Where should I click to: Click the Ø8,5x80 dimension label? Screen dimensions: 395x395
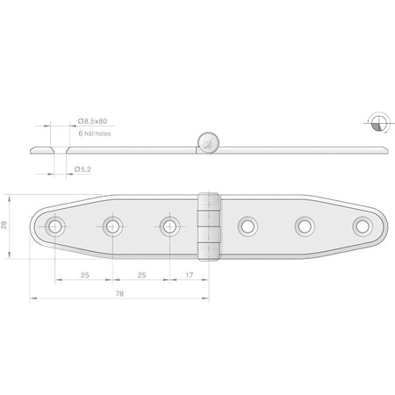92,121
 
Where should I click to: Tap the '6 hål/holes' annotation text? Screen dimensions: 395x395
95,133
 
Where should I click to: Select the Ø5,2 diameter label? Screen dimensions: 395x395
83,169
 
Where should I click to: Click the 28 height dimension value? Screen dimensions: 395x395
4,225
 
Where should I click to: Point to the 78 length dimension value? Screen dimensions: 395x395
119,293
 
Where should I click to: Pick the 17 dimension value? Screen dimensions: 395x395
190,275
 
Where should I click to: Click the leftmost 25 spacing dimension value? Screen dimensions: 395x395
85,275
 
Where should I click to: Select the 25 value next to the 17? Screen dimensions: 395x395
141,275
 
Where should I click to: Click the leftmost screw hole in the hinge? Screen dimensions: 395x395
55,226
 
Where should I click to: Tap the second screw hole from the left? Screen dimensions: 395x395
112,226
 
